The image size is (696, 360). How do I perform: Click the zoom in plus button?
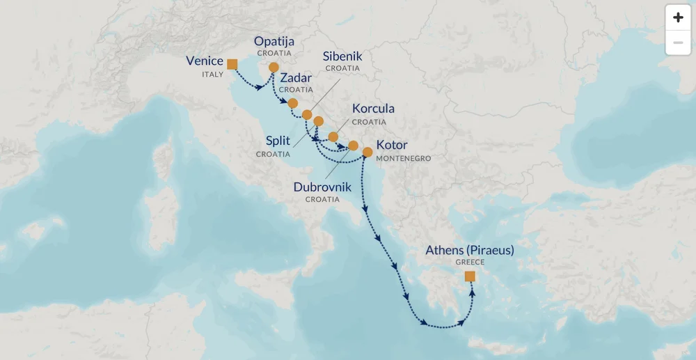678,18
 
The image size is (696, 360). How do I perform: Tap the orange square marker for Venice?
232,65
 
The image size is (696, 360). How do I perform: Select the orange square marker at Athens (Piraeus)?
470,276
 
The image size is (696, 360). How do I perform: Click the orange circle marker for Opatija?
274,68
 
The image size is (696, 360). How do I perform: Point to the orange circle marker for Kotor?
367,151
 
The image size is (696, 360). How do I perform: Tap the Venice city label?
205,61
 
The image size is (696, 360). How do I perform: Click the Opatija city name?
274,41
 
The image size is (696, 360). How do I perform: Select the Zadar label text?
296,78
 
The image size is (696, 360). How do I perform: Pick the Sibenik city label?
342,56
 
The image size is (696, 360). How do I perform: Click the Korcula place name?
373,109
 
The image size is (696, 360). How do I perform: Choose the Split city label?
278,141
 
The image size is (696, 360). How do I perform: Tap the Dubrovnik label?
322,187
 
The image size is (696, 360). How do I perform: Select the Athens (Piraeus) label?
470,250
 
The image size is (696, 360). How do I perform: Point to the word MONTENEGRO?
404,159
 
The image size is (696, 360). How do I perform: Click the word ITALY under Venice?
212,74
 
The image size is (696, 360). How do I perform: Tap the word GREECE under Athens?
470,263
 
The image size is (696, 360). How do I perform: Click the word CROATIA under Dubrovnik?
322,199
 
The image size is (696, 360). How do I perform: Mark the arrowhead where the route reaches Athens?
472,290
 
